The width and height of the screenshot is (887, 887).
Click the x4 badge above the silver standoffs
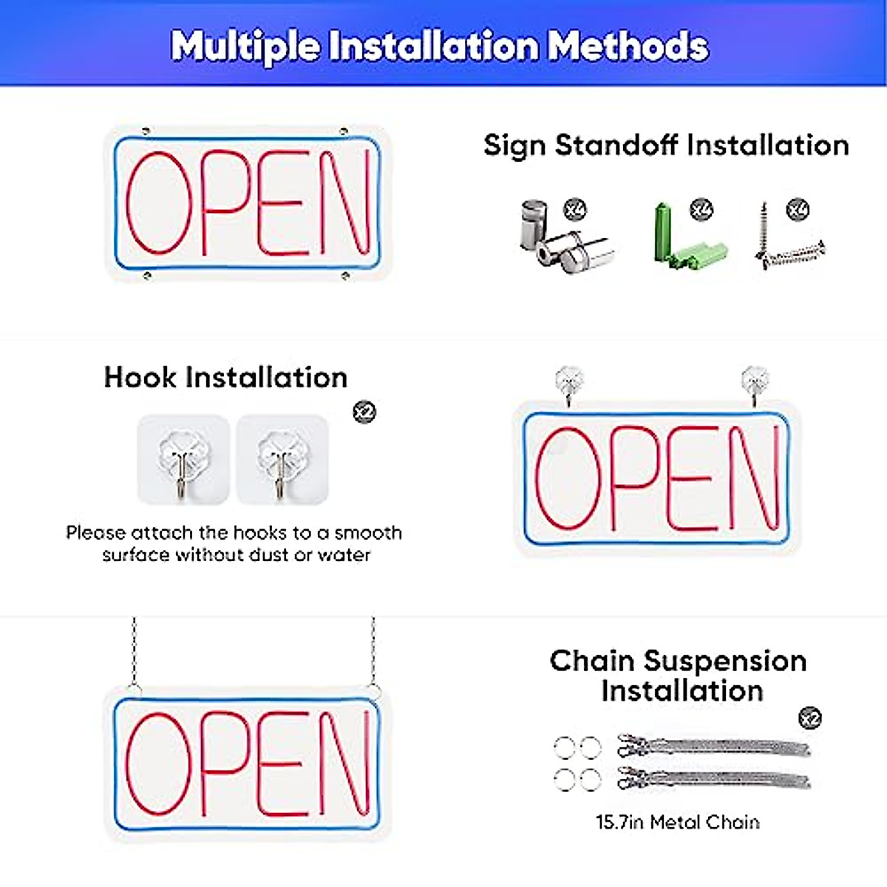click(574, 209)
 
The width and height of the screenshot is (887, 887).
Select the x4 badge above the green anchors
click(701, 209)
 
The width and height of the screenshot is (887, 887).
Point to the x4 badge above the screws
click(798, 209)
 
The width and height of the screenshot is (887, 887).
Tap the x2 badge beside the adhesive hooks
click(364, 411)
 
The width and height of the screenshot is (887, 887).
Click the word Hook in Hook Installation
click(140, 377)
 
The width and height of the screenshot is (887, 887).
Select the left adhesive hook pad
click(183, 459)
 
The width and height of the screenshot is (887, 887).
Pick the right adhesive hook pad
click(282, 459)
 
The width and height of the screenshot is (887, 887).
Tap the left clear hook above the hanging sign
click(568, 382)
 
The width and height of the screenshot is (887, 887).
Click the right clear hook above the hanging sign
click(754, 382)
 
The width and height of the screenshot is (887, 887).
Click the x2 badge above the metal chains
click(810, 718)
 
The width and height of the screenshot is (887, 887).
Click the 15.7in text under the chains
click(619, 822)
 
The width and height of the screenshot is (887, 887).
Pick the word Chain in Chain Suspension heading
click(591, 661)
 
